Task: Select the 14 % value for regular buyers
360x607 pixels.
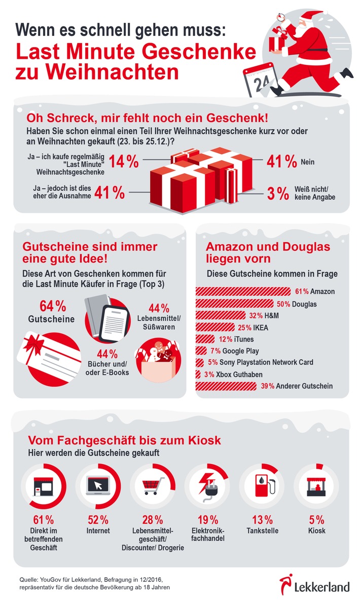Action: tap(124, 162)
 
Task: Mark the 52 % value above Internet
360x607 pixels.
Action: tap(97, 520)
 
